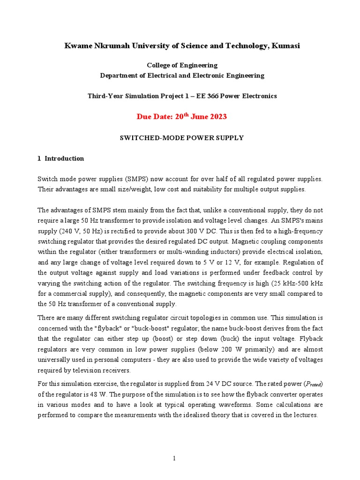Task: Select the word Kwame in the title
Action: [76, 45]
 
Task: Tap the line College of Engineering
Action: [182, 65]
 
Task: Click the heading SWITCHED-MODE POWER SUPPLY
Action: [182, 138]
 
